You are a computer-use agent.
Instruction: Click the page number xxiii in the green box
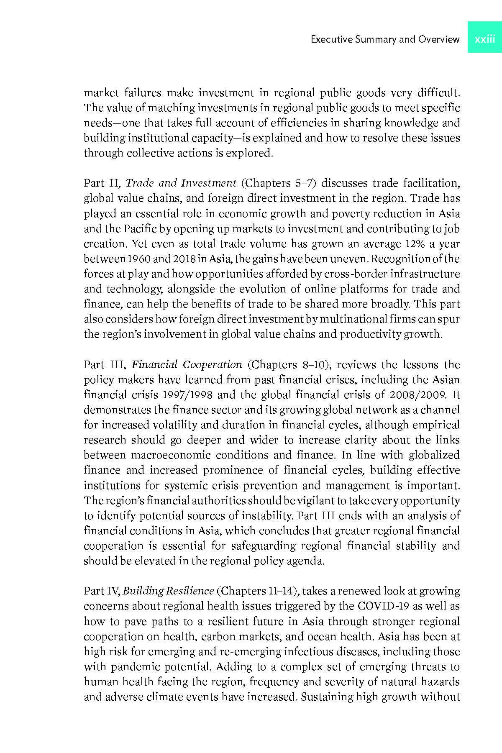pos(485,39)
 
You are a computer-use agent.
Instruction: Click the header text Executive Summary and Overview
pos(385,39)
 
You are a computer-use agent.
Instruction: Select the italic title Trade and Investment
pos(181,183)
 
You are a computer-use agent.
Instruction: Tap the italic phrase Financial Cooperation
pos(187,364)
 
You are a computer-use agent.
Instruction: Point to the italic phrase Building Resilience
pos(169,591)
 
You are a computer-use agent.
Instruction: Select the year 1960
pos(139,259)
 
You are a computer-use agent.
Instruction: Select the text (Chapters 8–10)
pos(289,364)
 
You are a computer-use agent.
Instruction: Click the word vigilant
pos(318,500)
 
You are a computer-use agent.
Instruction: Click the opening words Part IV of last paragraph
pos(102,591)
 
